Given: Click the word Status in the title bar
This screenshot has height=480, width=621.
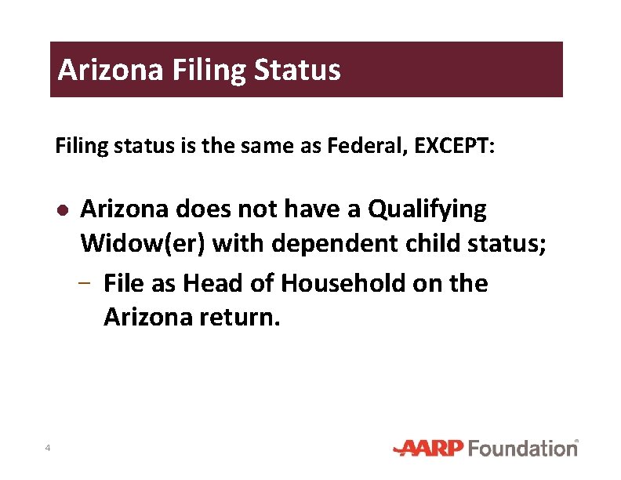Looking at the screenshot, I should [297, 70].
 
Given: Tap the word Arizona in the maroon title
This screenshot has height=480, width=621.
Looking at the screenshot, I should [111, 70].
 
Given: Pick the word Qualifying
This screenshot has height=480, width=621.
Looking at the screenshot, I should [427, 209].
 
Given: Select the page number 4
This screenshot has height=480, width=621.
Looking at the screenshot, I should [48, 449].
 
